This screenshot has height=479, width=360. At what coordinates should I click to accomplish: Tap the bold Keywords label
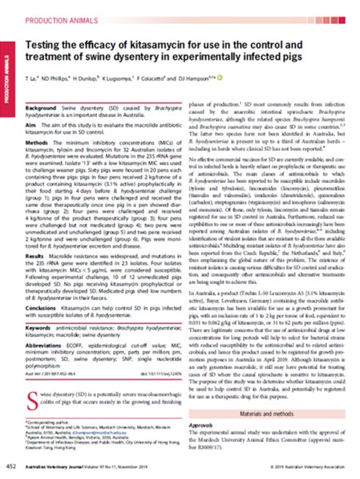point(40,375)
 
